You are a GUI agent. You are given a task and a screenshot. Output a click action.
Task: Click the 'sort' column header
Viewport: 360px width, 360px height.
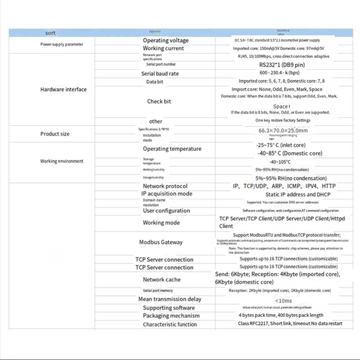(50, 33)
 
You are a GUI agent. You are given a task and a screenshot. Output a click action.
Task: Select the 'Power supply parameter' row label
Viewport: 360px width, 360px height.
(62, 44)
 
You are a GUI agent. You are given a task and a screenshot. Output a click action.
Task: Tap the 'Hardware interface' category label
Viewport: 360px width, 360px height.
(63, 89)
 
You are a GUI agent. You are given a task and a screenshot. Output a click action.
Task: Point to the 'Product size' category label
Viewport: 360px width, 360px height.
(55, 134)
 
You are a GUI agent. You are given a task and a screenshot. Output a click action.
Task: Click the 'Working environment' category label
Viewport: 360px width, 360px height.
(62, 161)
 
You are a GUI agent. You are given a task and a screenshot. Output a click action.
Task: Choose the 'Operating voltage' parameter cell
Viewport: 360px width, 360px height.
(166, 40)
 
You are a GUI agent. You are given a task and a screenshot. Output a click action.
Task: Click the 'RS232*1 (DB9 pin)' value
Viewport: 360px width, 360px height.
(282, 65)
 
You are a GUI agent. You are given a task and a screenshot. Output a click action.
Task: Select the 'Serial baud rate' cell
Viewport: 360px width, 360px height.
(160, 73)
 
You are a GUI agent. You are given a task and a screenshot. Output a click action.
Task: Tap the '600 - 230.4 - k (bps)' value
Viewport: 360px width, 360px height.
(279, 73)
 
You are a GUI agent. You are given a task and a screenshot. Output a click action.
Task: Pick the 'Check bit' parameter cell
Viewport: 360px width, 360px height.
(159, 101)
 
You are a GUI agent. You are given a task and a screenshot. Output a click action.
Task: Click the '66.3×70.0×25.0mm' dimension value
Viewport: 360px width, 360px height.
(283, 130)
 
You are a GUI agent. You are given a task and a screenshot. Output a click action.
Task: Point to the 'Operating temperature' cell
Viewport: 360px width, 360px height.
(172, 149)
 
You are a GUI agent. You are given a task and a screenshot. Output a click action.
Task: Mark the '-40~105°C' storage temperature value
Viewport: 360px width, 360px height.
(280, 162)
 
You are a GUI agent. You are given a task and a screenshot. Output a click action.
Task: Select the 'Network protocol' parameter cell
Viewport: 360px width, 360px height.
(165, 186)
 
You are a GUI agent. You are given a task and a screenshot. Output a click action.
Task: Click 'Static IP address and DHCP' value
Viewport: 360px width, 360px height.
(298, 194)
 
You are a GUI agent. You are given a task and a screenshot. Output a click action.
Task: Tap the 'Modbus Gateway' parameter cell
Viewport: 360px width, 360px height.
(160, 242)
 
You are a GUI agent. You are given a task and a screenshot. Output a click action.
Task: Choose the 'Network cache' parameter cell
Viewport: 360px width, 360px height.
(161, 280)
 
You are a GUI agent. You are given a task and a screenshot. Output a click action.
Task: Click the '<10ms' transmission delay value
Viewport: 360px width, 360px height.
(283, 301)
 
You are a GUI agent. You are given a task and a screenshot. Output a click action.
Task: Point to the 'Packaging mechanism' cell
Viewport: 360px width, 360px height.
(171, 316)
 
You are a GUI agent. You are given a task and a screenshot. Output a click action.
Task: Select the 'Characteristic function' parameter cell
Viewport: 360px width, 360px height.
(170, 324)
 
